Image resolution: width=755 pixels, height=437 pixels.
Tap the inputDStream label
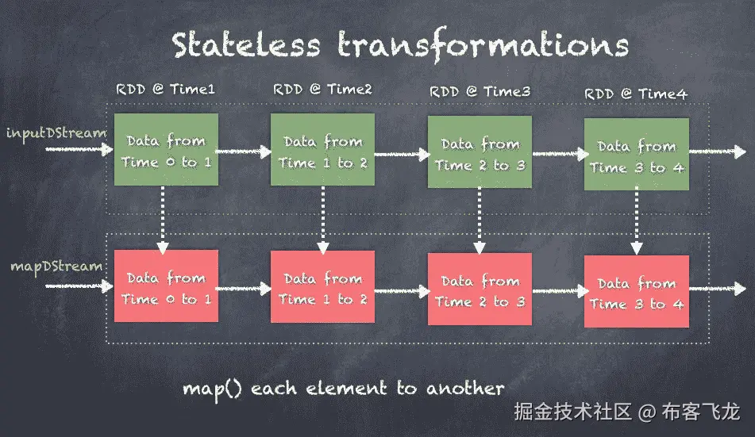coord(56,132)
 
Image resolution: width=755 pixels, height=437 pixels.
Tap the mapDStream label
coord(56,266)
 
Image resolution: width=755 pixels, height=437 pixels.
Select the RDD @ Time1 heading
coord(165,90)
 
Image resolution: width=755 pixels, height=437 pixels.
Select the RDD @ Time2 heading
coord(322,90)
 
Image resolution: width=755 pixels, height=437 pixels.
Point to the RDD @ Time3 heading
coord(480,92)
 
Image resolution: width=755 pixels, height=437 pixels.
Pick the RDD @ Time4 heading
coord(636,94)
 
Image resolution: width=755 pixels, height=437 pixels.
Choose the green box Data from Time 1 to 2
coord(322,151)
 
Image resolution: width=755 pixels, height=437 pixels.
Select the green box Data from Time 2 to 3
coord(480,153)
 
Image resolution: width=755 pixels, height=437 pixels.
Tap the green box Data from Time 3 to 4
coord(636,155)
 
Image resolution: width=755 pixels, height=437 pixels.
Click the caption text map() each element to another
coord(343,389)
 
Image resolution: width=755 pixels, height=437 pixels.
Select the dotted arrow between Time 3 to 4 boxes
coord(636,223)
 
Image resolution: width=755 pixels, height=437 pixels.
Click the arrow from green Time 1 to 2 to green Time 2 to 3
coord(401,152)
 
